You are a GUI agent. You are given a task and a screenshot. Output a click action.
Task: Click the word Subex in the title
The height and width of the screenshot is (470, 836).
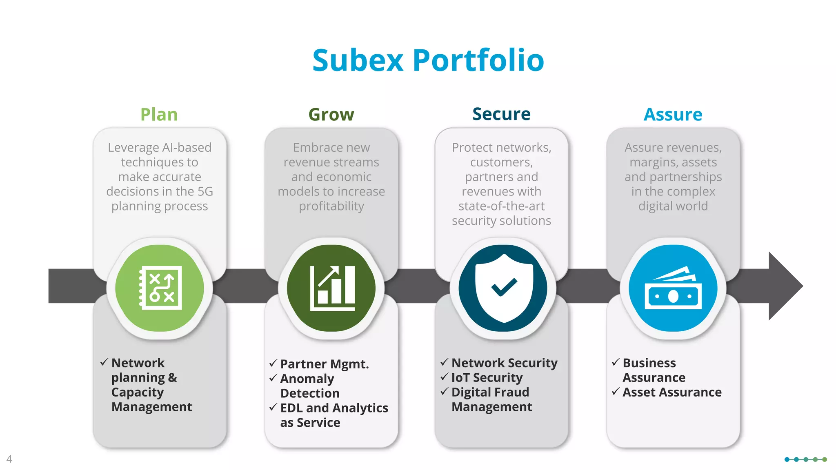pos(358,60)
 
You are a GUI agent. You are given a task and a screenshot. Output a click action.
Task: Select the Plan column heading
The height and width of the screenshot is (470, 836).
pos(159,115)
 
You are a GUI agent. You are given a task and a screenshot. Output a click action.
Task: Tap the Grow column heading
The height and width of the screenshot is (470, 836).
pos(331,115)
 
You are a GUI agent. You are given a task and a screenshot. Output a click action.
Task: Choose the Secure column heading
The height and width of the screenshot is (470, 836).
pos(501,114)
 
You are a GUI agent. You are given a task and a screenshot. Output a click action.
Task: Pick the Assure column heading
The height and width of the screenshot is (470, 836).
pos(673,115)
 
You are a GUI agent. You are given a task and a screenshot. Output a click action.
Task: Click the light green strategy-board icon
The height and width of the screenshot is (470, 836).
pos(160,288)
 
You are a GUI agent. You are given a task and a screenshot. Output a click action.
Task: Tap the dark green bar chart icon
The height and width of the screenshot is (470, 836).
pos(332,288)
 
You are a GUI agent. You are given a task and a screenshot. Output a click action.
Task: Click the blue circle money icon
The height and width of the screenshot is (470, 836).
pos(673,288)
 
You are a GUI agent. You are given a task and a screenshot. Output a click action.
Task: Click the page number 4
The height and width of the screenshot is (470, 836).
pos(9,459)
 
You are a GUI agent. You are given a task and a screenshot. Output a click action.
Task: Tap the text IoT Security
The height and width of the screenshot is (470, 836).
pos(487,378)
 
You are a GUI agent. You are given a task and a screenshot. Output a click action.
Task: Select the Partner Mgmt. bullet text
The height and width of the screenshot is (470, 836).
pos(325,364)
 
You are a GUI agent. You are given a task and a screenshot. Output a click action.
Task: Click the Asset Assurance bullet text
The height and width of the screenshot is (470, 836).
pos(672,392)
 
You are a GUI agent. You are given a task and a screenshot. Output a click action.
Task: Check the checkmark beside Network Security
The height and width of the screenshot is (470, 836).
pos(445,362)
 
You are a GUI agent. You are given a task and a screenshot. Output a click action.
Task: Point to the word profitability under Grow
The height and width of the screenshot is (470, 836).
pos(331,206)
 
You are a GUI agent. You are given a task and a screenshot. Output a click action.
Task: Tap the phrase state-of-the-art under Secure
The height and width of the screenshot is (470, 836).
pos(501,206)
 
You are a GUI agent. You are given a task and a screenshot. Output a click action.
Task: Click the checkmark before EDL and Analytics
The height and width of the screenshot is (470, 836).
pos(273,407)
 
